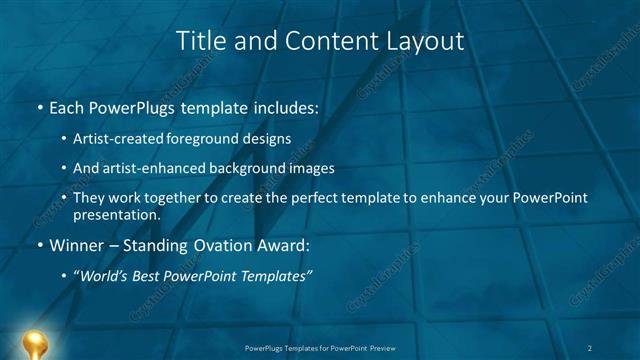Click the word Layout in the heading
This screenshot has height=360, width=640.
[x=427, y=41]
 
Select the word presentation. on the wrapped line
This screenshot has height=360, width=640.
[x=116, y=214]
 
